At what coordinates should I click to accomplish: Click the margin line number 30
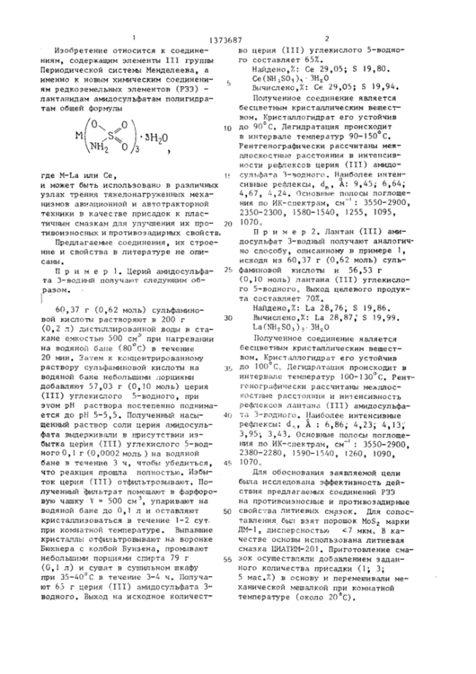tap(232, 317)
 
